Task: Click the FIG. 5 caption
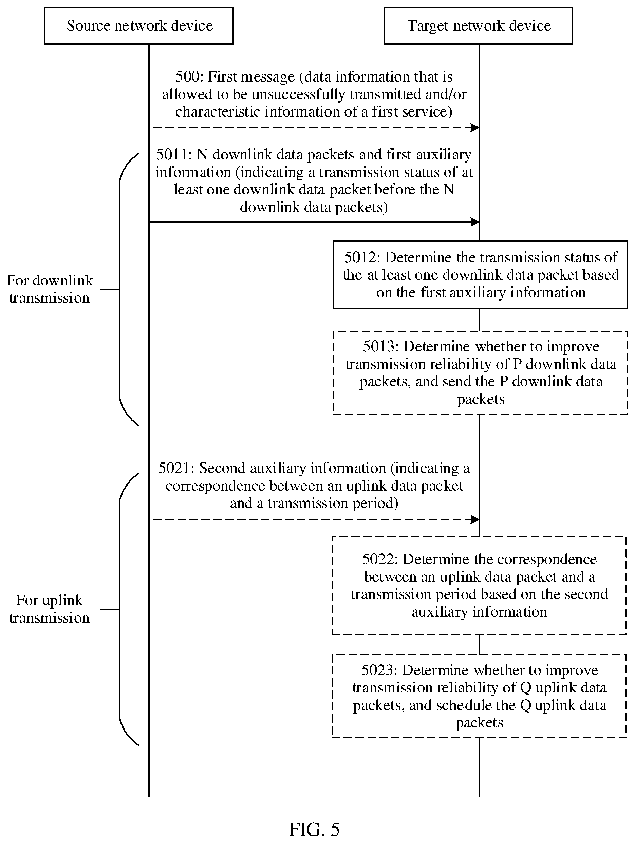click(314, 829)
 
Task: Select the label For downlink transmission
click(50, 289)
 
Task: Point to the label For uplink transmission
click(50, 609)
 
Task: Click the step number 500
click(188, 77)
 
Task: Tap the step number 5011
click(172, 155)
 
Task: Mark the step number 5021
click(175, 468)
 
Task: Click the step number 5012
click(361, 258)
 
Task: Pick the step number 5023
click(378, 670)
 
